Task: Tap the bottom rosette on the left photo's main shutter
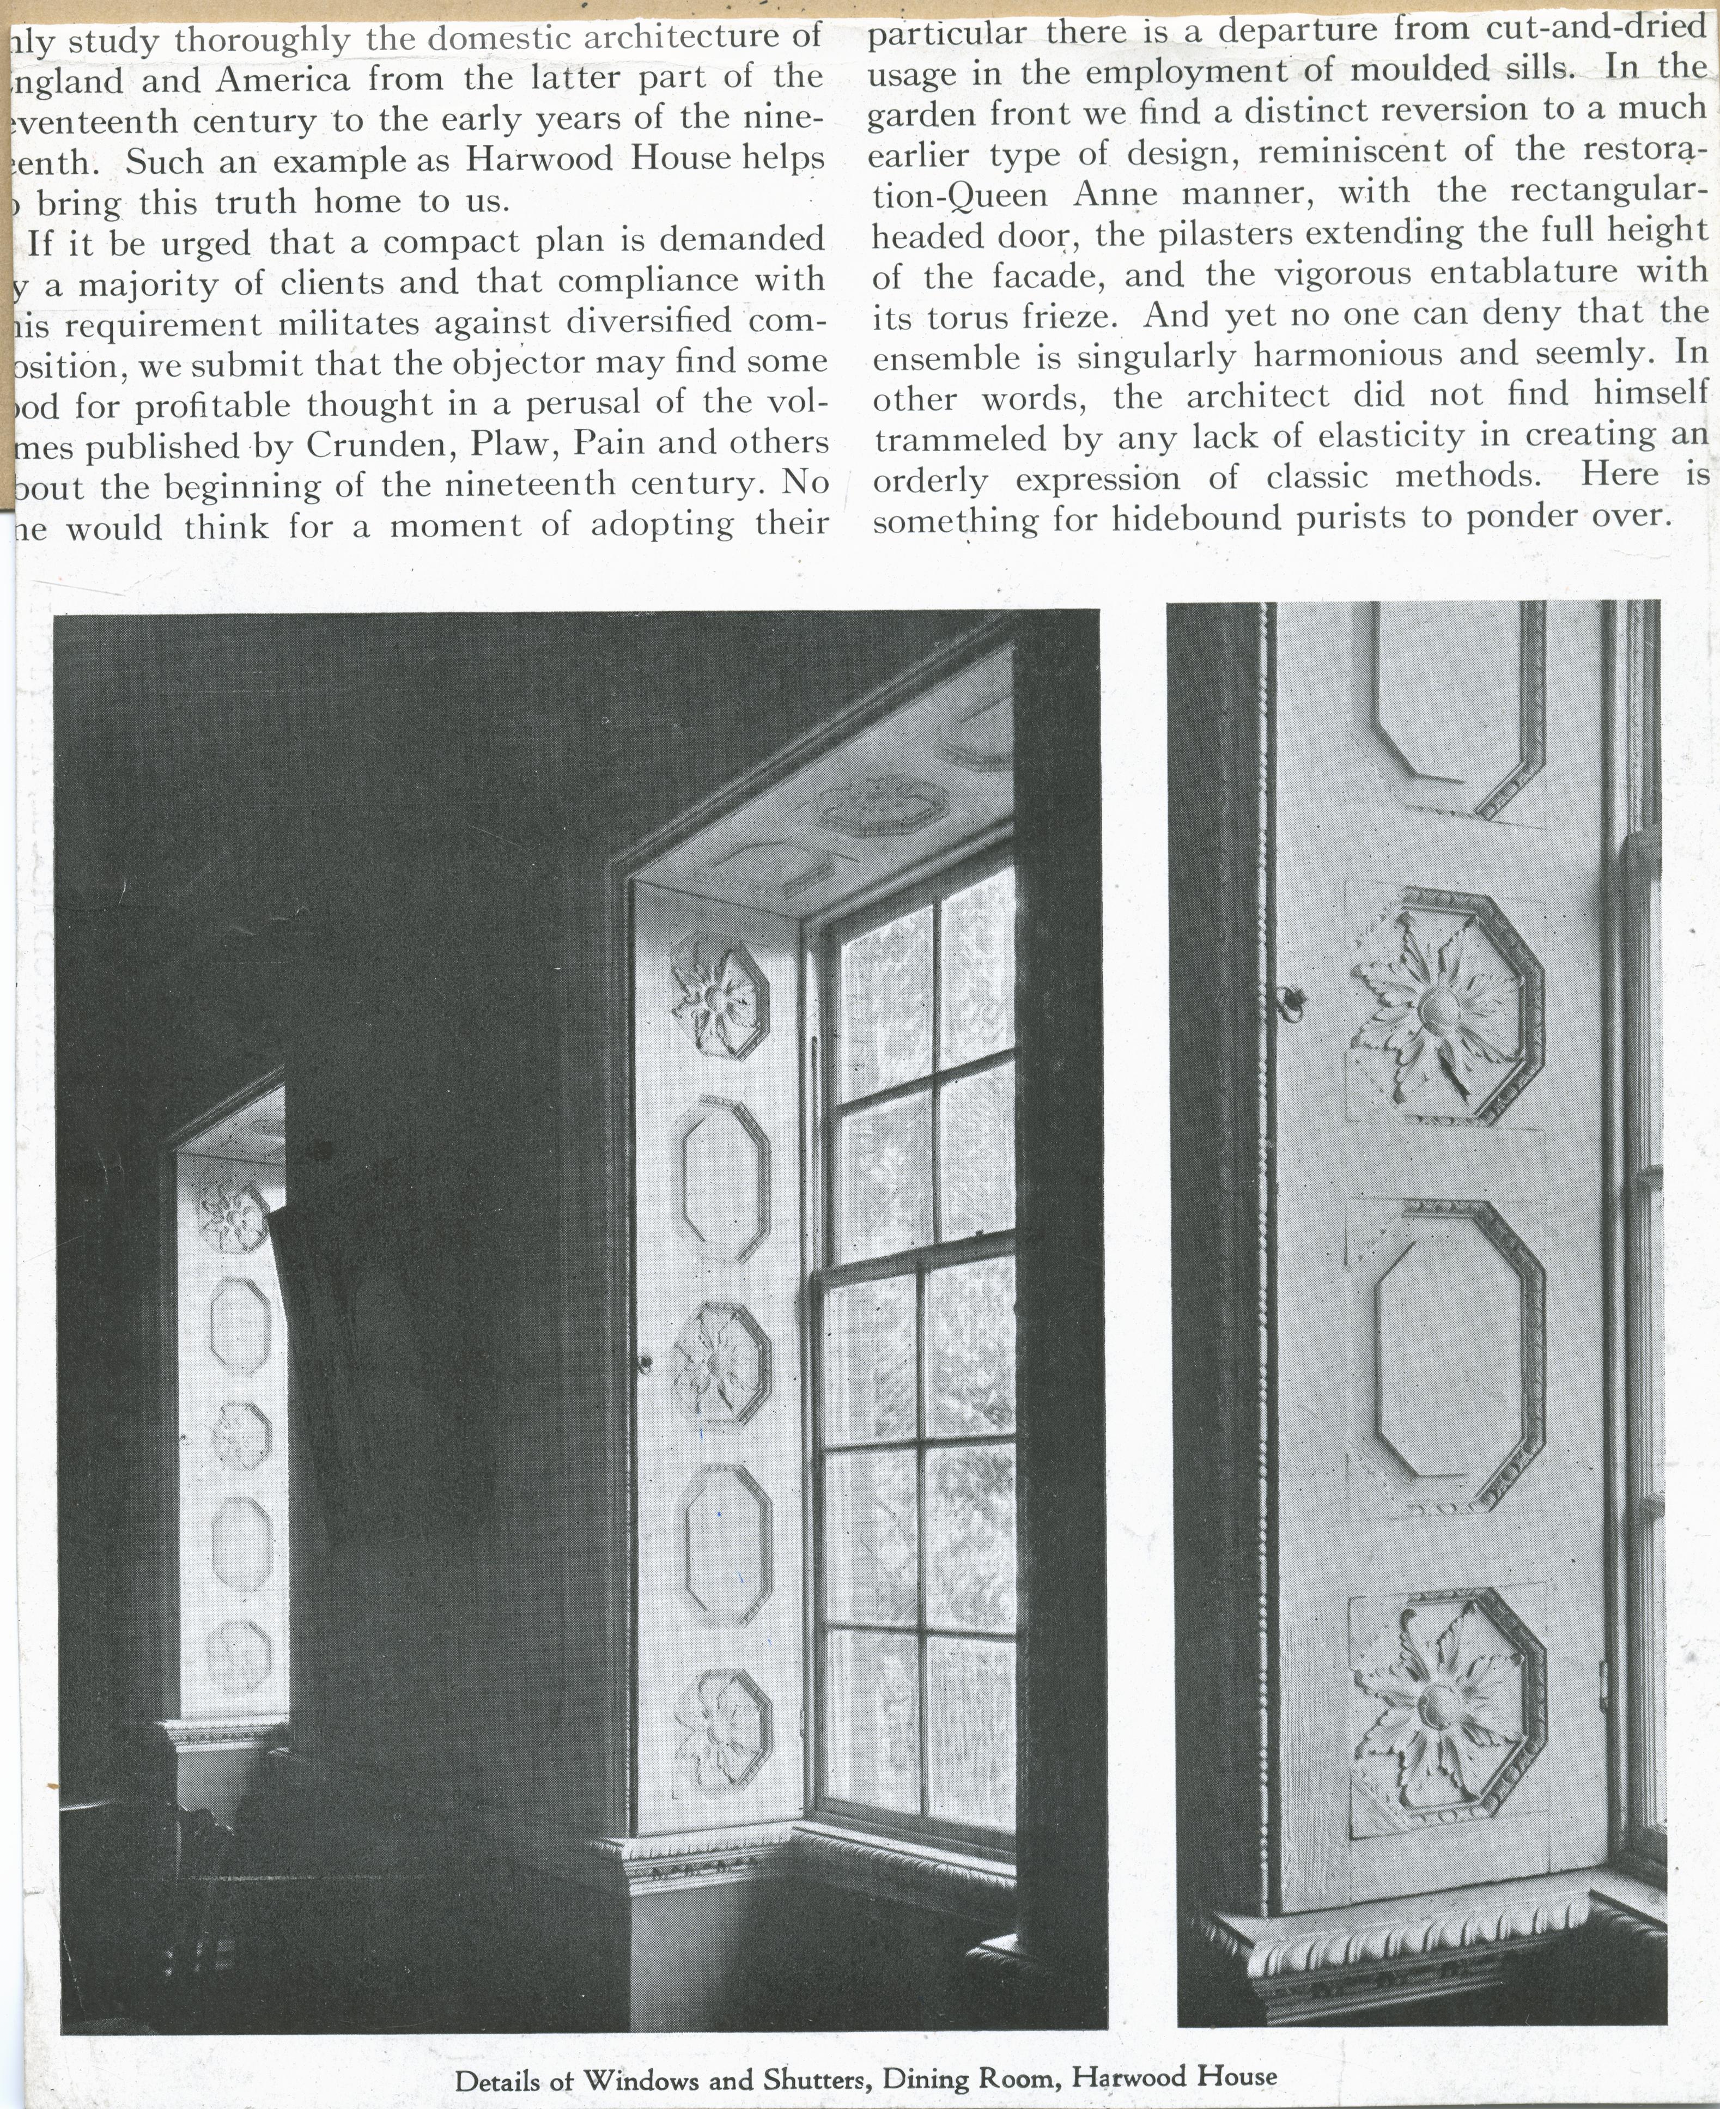(722, 1729)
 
